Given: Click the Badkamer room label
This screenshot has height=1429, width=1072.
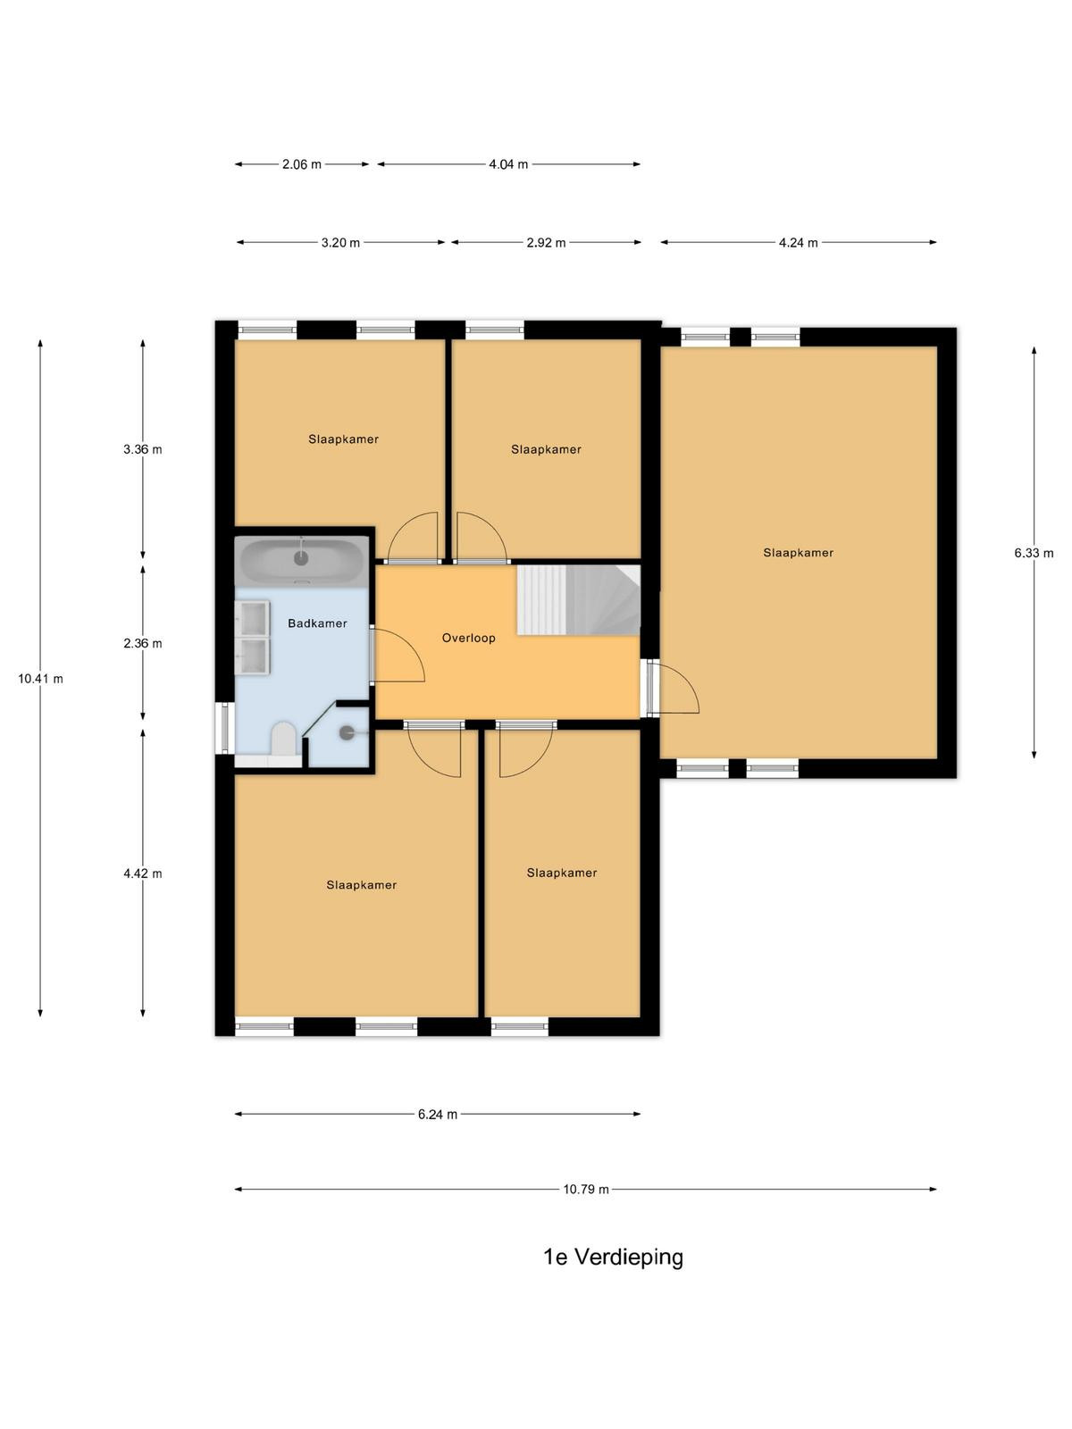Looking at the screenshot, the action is (317, 623).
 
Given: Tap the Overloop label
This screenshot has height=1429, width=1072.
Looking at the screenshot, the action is (469, 638).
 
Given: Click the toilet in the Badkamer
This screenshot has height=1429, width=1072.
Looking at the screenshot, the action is (283, 740).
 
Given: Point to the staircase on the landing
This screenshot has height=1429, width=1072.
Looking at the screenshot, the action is (579, 599).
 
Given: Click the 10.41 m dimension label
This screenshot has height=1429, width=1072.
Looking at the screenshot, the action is (40, 679).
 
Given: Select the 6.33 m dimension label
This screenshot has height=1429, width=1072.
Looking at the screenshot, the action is (1034, 553).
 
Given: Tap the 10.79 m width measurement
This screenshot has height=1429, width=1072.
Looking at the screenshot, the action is (586, 1190).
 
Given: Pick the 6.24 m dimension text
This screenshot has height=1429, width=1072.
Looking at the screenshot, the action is (438, 1114).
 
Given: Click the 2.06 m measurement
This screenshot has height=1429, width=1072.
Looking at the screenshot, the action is (301, 164).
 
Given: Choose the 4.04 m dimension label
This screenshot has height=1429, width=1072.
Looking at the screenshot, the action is (508, 164).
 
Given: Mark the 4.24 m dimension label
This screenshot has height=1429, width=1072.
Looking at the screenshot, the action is (799, 243).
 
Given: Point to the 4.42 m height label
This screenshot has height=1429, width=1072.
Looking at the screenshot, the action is (143, 873).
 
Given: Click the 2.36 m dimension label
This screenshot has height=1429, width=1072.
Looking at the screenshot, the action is (143, 643).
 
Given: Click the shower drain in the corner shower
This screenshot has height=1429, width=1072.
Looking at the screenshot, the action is (347, 733).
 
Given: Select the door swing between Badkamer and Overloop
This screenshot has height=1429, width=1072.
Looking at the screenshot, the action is (398, 655).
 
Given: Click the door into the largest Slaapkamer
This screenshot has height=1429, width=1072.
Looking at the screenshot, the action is (673, 687).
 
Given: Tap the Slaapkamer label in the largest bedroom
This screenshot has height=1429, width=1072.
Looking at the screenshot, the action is (798, 553).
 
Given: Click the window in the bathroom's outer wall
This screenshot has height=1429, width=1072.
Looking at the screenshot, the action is (224, 728).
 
